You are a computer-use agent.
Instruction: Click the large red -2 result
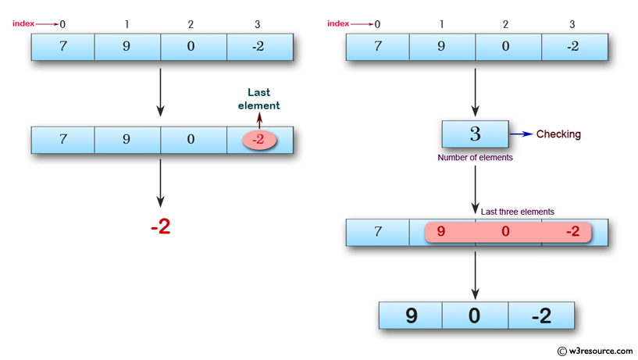(160, 227)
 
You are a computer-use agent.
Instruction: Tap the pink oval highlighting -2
(259, 141)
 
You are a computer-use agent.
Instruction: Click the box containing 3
(475, 134)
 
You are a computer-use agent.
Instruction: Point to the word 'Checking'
(558, 134)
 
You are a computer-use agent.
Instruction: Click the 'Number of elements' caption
(476, 158)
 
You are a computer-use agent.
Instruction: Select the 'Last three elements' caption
(517, 212)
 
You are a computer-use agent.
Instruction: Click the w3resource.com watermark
(595, 351)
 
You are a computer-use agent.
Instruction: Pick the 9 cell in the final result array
(411, 315)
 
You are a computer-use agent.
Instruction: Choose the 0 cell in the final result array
(475, 315)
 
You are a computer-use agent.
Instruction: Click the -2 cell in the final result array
(540, 315)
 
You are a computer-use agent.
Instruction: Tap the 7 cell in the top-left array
(63, 46)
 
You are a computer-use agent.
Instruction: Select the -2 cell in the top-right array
(572, 46)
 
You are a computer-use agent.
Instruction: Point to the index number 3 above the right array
(572, 24)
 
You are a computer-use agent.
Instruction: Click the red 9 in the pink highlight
(442, 232)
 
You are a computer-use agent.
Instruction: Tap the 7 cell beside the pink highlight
(378, 232)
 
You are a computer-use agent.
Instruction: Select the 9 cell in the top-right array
(442, 46)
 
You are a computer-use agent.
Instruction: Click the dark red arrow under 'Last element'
(259, 120)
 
